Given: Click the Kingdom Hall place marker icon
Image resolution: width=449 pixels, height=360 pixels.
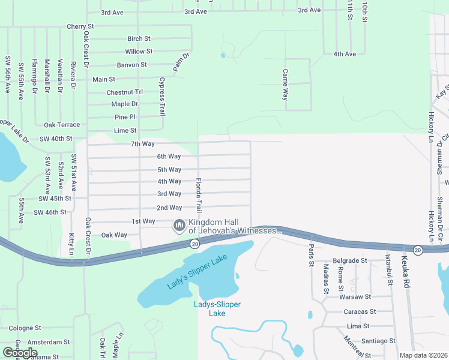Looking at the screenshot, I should coord(178,226).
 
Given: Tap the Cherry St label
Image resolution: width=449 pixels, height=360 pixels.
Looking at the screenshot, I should coord(80,26).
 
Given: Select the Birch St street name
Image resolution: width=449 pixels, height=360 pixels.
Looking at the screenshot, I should coord(138,38).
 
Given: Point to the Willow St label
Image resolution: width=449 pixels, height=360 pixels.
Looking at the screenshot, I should coord(139,52).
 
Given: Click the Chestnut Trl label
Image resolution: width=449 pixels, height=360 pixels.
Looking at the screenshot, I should coord(124,92).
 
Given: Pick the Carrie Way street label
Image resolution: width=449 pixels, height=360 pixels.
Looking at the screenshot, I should coord(286,84).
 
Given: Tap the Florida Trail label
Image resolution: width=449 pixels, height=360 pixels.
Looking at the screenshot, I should coord(199,195).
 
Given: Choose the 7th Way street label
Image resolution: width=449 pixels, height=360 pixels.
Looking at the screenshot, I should coord(142,144).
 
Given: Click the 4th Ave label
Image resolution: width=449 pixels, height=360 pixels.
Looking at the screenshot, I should coord(345,54).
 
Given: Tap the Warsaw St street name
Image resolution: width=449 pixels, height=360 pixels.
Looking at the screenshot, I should coord(355,297).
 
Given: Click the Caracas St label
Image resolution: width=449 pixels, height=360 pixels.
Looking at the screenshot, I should coord(360,311).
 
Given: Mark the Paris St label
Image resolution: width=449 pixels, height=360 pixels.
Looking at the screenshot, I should coord(311,254).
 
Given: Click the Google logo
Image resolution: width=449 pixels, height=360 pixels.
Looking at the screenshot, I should coord(20,352).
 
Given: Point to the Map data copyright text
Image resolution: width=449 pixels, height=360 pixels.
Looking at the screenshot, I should coord(424,355).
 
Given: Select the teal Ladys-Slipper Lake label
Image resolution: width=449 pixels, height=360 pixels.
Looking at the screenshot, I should coord(217,308).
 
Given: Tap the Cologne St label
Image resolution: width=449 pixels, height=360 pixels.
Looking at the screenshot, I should coord(25,328).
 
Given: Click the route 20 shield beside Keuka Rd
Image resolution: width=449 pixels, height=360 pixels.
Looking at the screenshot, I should coord(418,249).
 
